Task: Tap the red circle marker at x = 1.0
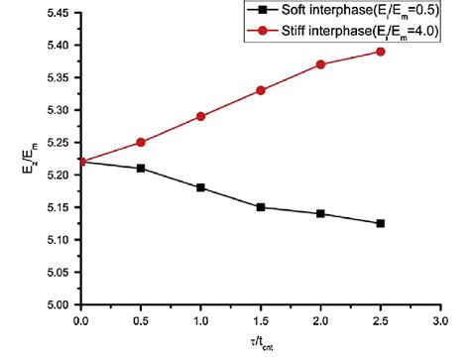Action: [200, 116]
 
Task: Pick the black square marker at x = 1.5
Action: [261, 207]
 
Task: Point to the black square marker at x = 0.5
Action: [141, 169]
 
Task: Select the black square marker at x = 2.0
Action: [320, 213]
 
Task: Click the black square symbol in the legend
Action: [261, 11]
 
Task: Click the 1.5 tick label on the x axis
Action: [261, 321]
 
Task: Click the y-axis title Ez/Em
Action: [18, 160]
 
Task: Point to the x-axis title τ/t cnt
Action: [261, 345]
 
